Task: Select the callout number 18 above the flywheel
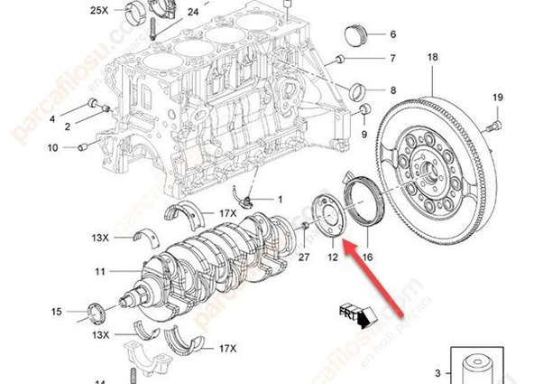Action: click(432, 58)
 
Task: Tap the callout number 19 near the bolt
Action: click(497, 98)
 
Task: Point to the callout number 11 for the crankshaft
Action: click(100, 270)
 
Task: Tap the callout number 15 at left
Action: click(57, 312)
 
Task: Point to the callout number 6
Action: click(392, 34)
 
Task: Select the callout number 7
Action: click(392, 61)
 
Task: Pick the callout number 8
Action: click(392, 90)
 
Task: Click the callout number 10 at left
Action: click(52, 147)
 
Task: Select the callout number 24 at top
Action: click(193, 13)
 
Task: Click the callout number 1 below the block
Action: click(279, 200)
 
